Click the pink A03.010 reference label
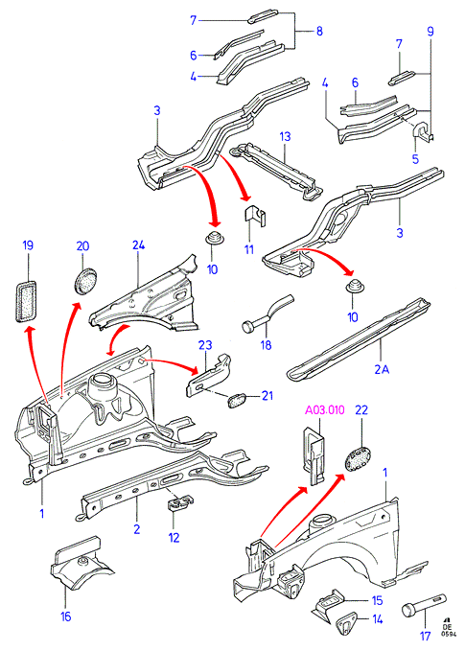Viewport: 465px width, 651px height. point(325,410)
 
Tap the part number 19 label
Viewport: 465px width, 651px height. point(28,245)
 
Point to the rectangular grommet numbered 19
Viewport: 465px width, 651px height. point(26,301)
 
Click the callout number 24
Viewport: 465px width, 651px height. point(139,244)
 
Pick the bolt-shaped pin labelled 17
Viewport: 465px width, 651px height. point(424,605)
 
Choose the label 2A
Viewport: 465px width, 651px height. point(382,369)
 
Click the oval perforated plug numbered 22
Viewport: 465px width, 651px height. point(358,459)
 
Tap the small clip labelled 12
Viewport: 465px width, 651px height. point(180,504)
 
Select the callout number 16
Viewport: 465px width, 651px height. point(66,616)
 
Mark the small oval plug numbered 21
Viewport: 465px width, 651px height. point(237,400)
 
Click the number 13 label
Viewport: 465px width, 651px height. point(285,136)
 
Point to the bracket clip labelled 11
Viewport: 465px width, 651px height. point(254,217)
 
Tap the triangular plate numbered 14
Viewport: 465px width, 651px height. point(344,623)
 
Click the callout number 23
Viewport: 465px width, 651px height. point(205,345)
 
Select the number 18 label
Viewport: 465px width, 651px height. point(266,345)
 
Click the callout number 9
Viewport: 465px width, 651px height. point(430,31)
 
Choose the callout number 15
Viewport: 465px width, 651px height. point(377,601)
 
